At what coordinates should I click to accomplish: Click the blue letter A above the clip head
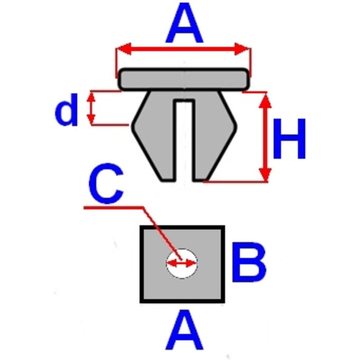point(184,23)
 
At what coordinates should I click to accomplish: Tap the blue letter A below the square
point(184,330)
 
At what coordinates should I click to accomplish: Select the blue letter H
point(289,139)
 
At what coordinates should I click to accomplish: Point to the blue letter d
point(67,110)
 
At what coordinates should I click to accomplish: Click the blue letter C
point(106,184)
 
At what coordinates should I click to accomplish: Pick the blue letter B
point(249,262)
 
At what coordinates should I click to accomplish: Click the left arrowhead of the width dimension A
point(124,49)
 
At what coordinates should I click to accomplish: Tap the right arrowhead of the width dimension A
point(242,49)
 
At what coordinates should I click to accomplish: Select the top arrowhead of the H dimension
point(265,101)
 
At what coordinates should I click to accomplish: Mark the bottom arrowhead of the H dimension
point(265,175)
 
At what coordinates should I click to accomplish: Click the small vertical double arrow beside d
point(91,109)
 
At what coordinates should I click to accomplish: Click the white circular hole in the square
point(182,264)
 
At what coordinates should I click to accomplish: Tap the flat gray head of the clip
point(184,79)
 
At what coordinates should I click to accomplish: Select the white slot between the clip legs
point(184,140)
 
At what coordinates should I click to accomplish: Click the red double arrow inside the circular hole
point(182,263)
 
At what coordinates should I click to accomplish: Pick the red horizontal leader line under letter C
point(114,208)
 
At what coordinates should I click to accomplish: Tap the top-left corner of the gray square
point(140,226)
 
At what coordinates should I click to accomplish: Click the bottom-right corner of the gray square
point(224,302)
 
